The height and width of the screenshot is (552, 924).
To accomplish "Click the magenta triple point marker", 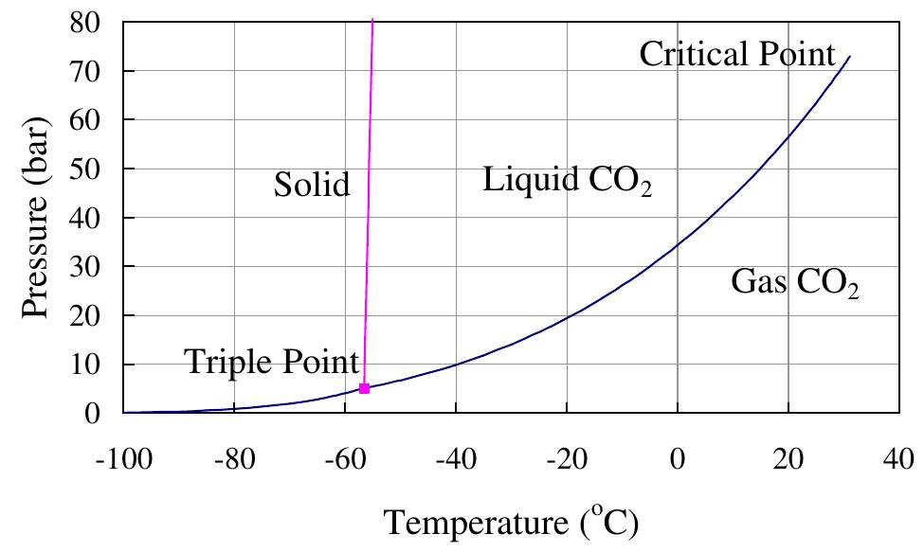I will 364,388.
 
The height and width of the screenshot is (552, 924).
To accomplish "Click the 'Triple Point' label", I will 272,362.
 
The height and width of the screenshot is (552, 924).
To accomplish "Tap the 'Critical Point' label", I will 737,54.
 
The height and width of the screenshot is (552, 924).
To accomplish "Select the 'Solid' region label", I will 312,185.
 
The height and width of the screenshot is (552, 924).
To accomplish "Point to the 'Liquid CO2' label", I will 567,181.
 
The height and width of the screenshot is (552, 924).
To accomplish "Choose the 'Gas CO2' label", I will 794,282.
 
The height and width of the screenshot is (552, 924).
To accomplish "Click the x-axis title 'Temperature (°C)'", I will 511,521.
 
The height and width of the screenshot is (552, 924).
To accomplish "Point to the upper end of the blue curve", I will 849,57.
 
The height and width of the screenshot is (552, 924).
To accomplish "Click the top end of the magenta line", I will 372,20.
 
